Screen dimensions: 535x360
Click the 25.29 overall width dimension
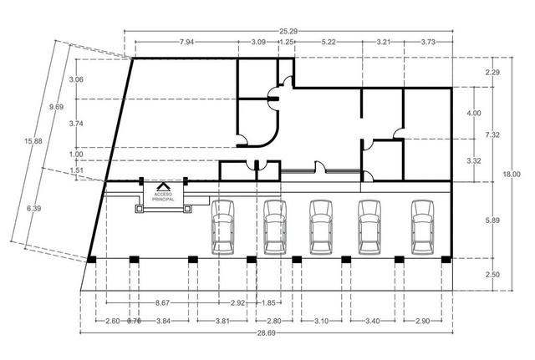(288, 32)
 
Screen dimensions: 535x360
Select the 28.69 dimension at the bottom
(266, 333)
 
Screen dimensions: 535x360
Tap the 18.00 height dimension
(512, 175)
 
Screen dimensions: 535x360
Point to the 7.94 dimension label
(186, 42)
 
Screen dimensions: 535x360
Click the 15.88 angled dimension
(33, 140)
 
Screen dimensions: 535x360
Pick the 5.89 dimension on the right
(492, 221)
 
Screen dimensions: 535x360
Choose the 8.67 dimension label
(162, 302)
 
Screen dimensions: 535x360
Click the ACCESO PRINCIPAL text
(163, 196)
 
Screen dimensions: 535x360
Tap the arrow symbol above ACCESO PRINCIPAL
(163, 186)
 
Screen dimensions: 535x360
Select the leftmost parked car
(223, 227)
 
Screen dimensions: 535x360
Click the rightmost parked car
(422, 227)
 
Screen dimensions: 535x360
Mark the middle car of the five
(321, 227)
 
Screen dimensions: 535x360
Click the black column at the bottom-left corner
(91, 260)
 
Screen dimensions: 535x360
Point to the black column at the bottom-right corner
(446, 260)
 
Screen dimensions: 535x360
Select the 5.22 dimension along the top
(329, 42)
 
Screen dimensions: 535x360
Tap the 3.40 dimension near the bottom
(372, 321)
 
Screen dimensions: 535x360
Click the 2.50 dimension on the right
(492, 275)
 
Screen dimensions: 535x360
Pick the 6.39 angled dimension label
(33, 208)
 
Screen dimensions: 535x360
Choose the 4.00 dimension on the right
(474, 114)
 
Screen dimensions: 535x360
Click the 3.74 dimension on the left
(76, 124)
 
